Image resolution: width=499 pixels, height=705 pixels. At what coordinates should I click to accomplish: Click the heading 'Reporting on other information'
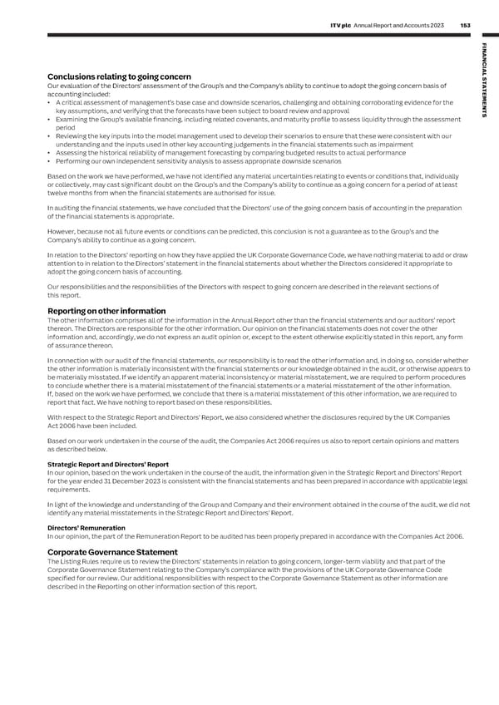106,311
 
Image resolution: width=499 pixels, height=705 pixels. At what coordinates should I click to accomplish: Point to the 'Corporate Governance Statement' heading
112,552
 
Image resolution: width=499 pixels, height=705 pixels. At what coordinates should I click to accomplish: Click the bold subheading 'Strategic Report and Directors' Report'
108,464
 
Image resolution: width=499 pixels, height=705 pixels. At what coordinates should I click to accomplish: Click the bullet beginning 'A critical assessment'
249,106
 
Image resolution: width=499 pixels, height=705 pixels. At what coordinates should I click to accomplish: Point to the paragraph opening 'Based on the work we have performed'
249,183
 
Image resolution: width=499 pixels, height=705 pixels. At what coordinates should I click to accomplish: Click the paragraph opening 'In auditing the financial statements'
249,211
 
